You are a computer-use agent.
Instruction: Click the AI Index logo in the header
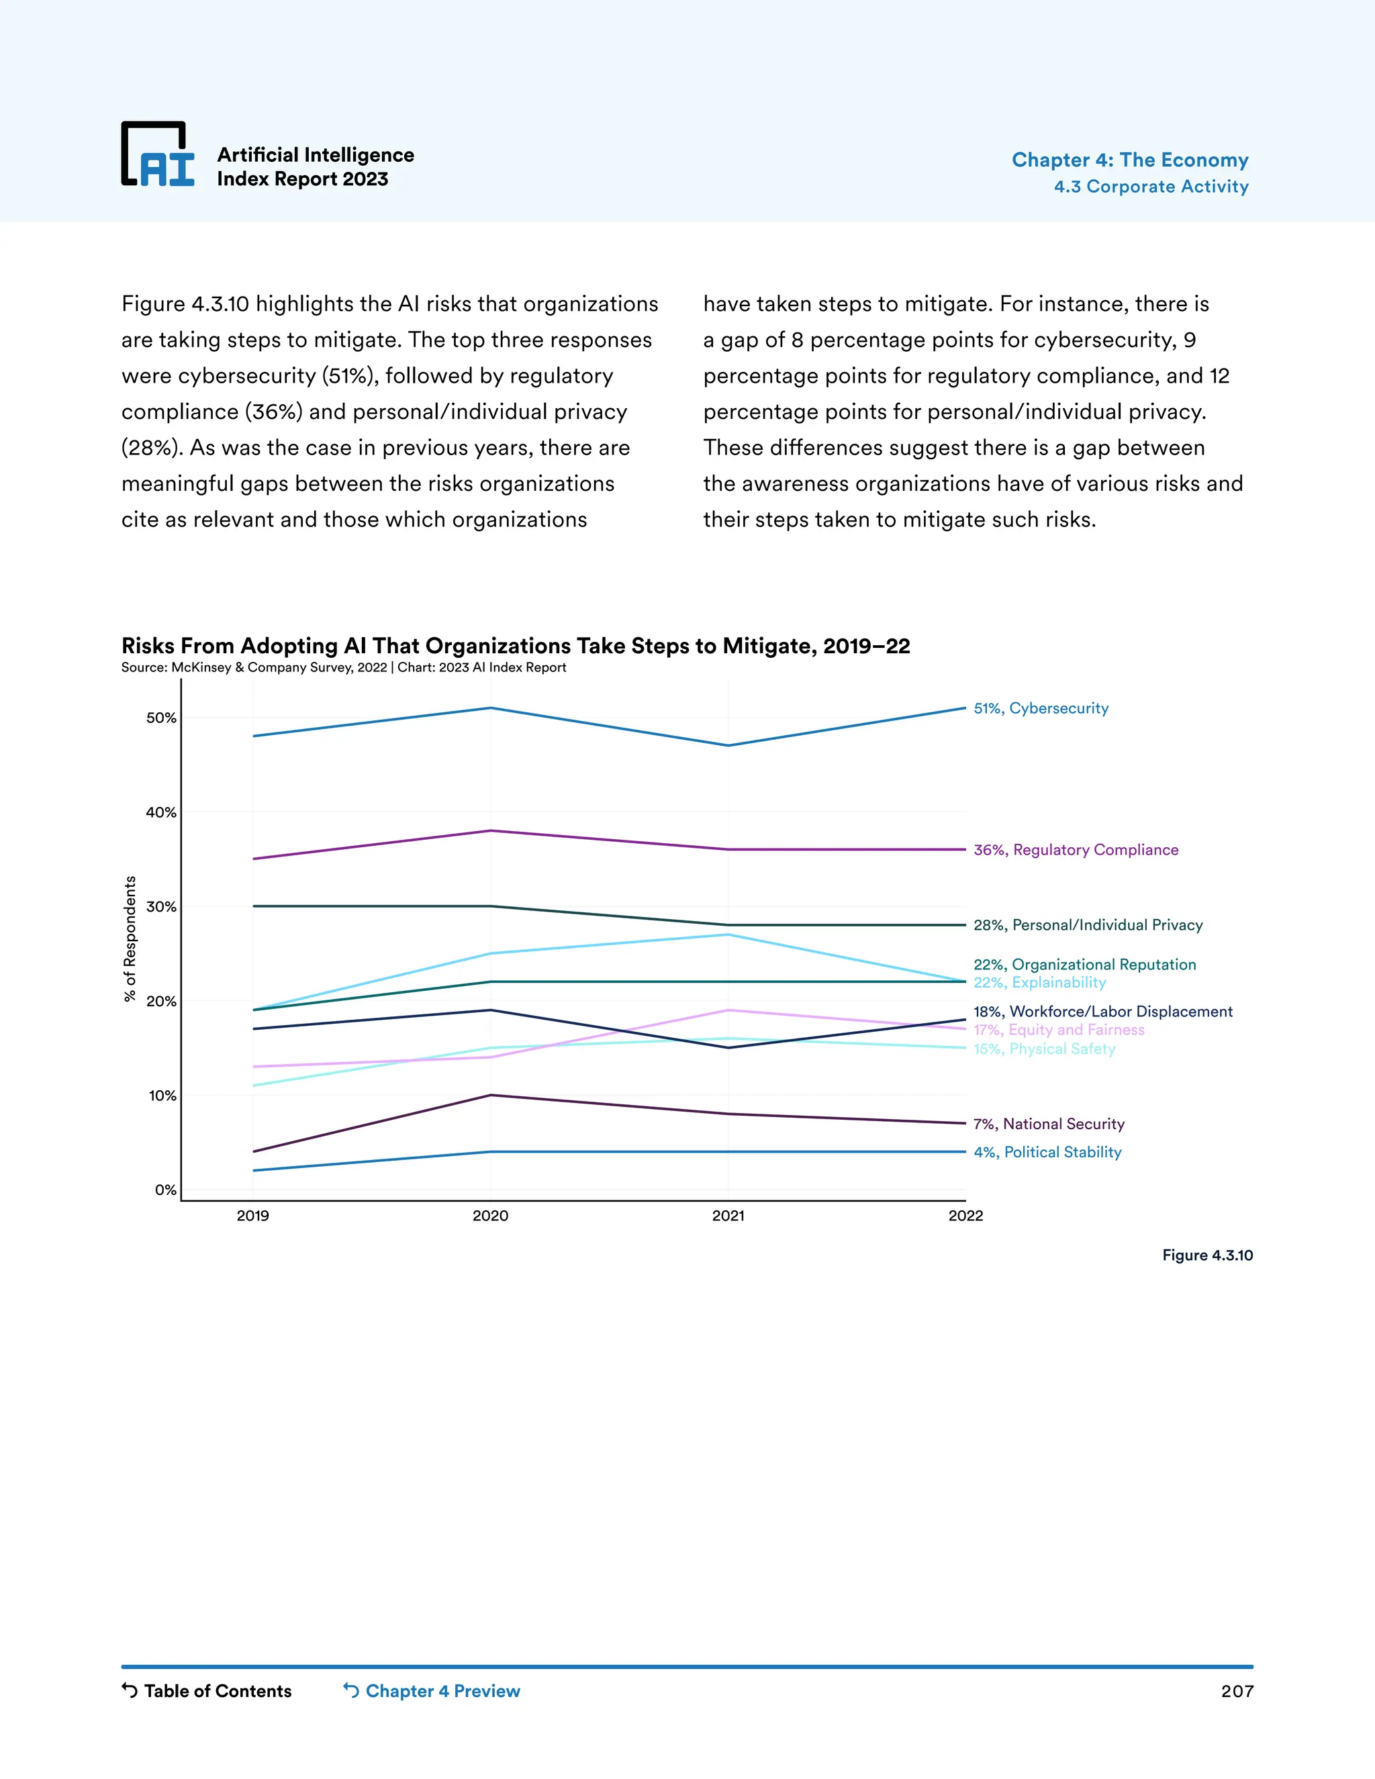(158, 155)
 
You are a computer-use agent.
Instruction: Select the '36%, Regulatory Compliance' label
(1076, 850)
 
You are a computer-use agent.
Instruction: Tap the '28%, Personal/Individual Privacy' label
(1088, 925)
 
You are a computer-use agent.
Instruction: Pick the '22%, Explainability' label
(1039, 982)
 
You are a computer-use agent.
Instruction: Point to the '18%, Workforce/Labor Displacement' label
(1102, 1012)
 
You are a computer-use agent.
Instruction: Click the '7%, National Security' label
(1048, 1124)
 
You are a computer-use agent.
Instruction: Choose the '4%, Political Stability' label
(1047, 1152)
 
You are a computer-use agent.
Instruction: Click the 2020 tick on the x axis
(490, 1215)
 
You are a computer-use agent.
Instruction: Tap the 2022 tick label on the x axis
(965, 1215)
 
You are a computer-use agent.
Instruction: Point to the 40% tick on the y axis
(161, 812)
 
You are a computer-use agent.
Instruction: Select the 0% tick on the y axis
(165, 1190)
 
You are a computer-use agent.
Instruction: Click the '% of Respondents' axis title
(130, 939)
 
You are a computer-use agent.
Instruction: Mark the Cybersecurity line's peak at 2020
(490, 708)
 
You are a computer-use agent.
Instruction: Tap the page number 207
(1237, 1691)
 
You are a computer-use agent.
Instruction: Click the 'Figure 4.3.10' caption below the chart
(1207, 1255)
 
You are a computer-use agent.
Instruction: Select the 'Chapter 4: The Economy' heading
(1130, 160)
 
